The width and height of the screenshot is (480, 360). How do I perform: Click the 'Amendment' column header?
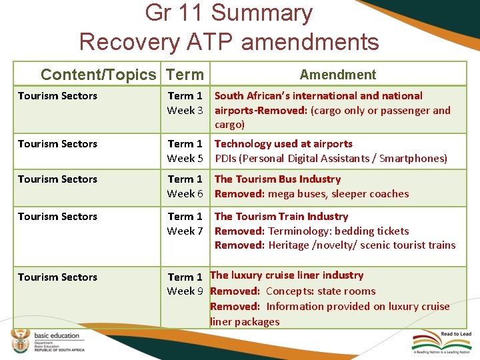point(337,75)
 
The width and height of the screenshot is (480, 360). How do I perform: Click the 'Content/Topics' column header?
point(98,75)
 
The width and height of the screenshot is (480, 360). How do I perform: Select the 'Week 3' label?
point(185,111)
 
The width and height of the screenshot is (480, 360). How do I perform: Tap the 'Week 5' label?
point(185,159)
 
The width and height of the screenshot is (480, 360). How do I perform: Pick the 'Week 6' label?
point(185,194)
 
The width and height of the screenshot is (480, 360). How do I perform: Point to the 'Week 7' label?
point(185,231)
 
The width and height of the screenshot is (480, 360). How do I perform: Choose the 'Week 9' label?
point(185,291)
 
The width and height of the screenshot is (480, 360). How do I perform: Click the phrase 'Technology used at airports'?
point(283,144)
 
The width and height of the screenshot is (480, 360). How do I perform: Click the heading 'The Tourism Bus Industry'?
point(277,179)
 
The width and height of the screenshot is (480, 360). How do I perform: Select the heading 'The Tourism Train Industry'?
point(281,217)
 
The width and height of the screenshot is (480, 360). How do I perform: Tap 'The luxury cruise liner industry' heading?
point(287,275)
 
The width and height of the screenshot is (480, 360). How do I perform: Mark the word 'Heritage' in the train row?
point(289,245)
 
